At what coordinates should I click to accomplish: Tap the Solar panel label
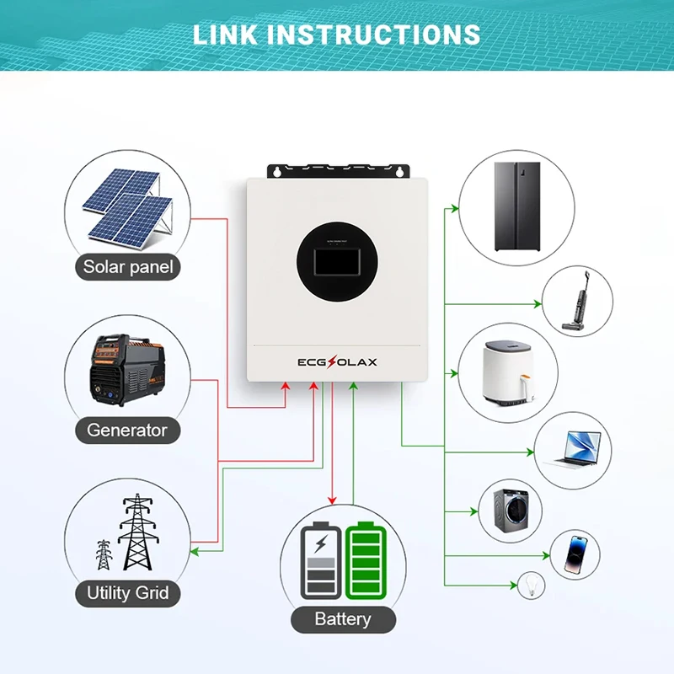tap(128, 268)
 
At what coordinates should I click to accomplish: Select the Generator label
tap(127, 430)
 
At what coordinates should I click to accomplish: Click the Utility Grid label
tap(128, 593)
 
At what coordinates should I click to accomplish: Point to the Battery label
tap(342, 619)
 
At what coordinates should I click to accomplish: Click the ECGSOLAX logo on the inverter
tap(337, 362)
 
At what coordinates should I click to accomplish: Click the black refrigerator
tap(516, 206)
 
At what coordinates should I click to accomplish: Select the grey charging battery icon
tap(321, 560)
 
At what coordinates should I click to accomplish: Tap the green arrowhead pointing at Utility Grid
tap(193, 552)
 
